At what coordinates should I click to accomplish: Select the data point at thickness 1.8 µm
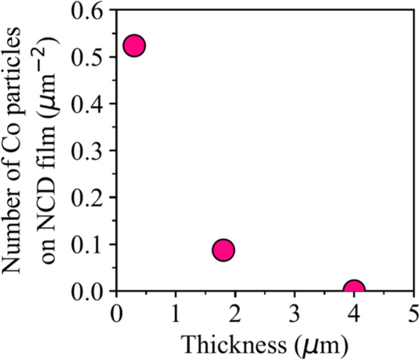click(x=223, y=250)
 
